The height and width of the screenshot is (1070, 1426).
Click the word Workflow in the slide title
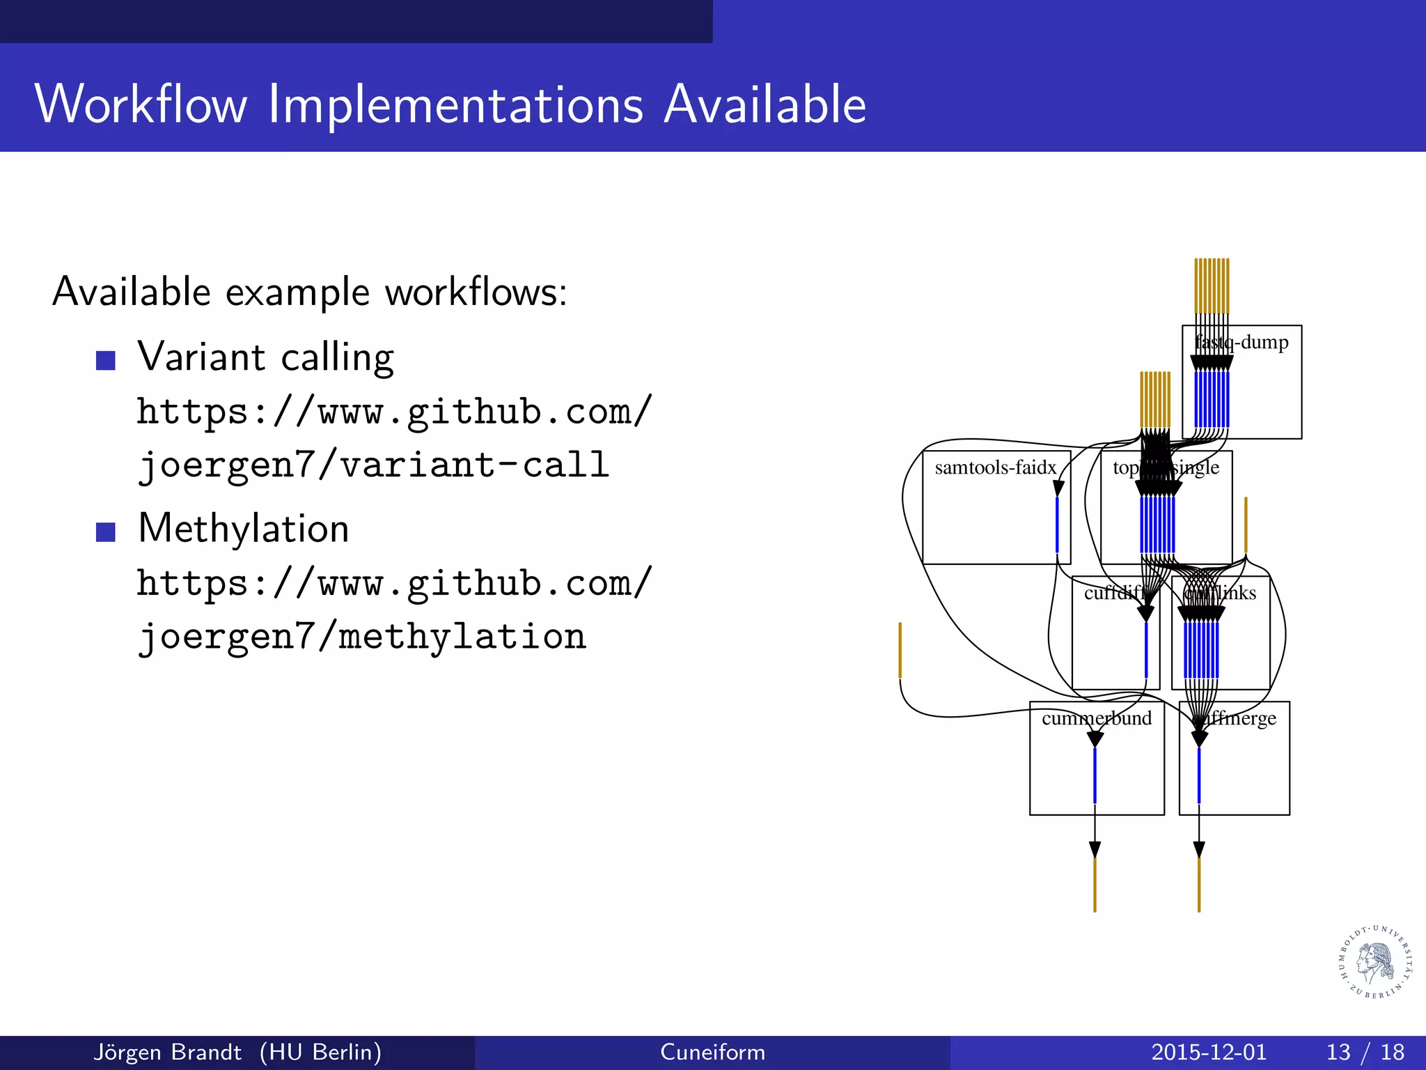coord(141,104)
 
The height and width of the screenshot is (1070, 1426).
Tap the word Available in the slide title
coord(765,104)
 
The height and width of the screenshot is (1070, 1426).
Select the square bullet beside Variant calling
coord(105,360)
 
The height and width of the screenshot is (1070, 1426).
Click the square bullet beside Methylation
coord(105,532)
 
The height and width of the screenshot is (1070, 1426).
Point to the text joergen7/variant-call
coord(373,465)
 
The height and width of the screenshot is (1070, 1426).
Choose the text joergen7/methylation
coord(361,636)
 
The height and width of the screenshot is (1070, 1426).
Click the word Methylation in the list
coord(244,528)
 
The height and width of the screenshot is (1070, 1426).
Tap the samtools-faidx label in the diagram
coord(995,467)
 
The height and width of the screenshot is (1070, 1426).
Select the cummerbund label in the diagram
coord(1096,718)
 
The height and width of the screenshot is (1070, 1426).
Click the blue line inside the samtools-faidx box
coord(1057,524)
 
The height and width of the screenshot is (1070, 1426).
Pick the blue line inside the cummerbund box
coord(1095,775)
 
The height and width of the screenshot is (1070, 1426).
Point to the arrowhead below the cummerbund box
coord(1095,849)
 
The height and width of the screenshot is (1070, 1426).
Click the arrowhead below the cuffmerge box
coord(1199,849)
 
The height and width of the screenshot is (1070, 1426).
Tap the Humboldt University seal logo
coord(1376,962)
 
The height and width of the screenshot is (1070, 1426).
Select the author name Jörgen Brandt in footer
coord(167,1052)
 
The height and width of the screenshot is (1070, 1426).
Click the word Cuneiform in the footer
coord(712,1052)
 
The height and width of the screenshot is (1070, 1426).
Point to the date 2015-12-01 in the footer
coord(1208,1052)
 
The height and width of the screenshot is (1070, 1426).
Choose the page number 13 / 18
coord(1365,1052)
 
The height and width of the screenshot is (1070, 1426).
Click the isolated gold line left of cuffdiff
coord(900,649)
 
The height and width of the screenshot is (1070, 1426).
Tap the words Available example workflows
coord(310,291)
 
